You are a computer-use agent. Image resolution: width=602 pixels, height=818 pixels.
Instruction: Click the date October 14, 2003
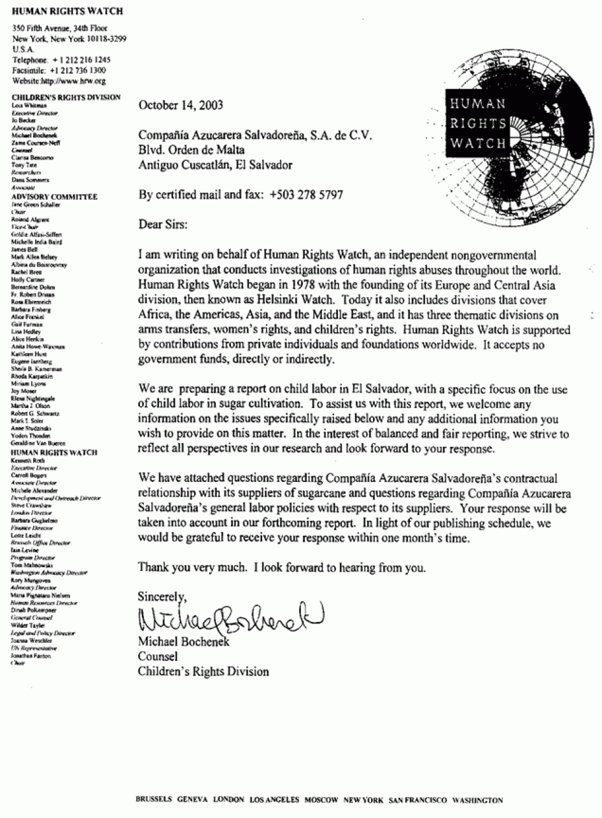point(181,105)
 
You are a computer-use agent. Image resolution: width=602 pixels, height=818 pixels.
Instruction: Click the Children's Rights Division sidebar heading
point(66,97)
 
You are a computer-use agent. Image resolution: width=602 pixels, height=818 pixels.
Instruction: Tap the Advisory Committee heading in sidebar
point(55,197)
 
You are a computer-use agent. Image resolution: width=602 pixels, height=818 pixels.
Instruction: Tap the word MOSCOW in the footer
point(321,800)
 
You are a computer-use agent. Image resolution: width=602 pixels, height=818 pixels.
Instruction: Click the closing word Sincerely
point(163,596)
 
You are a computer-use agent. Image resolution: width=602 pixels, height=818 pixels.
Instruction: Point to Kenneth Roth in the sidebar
point(27,459)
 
